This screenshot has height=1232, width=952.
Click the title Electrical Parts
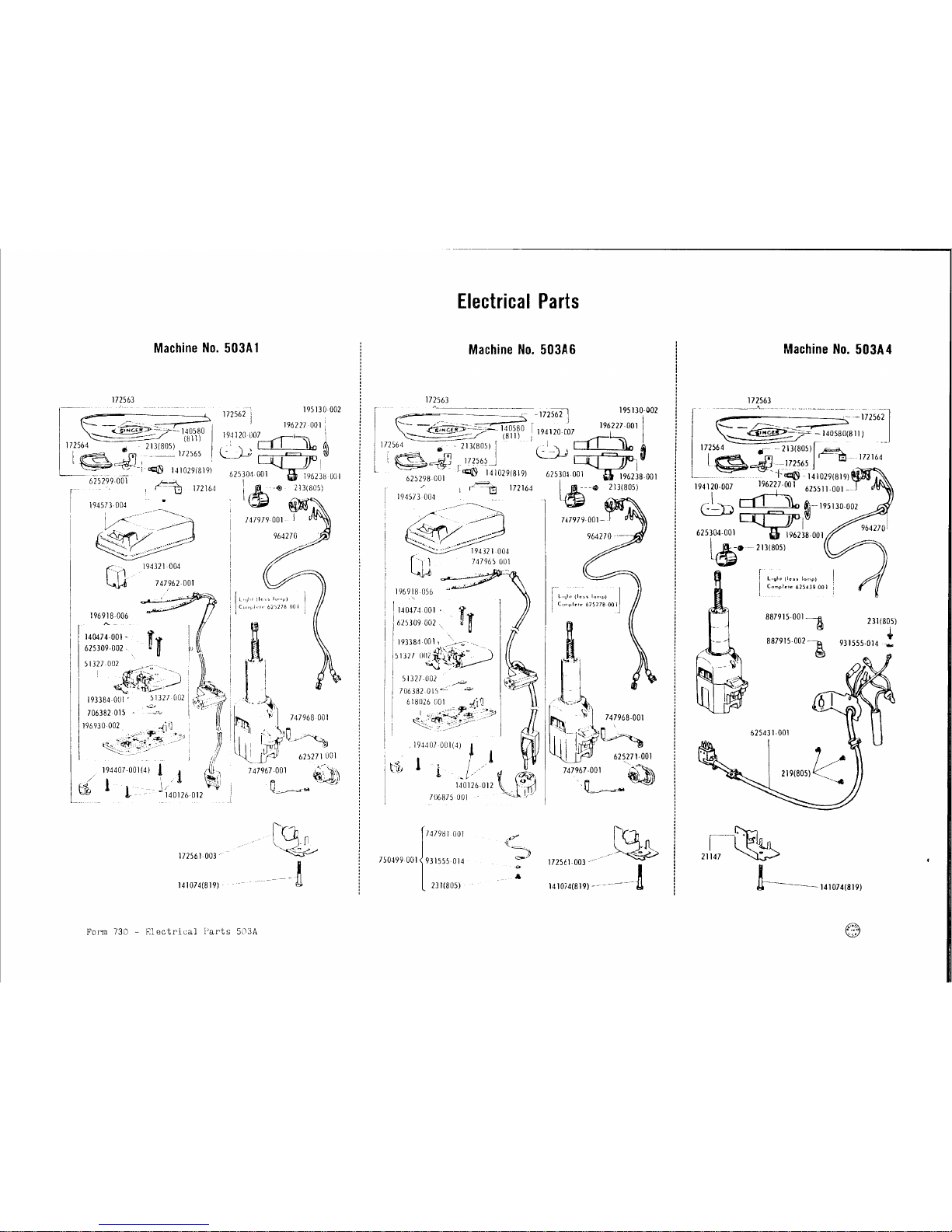pyautogui.click(x=518, y=301)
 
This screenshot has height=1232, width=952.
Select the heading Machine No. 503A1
pyautogui.click(x=206, y=348)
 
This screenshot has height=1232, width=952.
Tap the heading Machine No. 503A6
pyautogui.click(x=521, y=349)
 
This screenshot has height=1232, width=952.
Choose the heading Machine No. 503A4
pyautogui.click(x=837, y=348)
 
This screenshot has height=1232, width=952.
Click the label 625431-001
pyautogui.click(x=770, y=732)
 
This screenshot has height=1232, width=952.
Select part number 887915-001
pyautogui.click(x=785, y=619)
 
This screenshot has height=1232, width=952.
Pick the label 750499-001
pyautogui.click(x=399, y=860)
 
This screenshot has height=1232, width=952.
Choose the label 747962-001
pyautogui.click(x=174, y=582)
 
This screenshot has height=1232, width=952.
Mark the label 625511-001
pyautogui.click(x=824, y=489)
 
